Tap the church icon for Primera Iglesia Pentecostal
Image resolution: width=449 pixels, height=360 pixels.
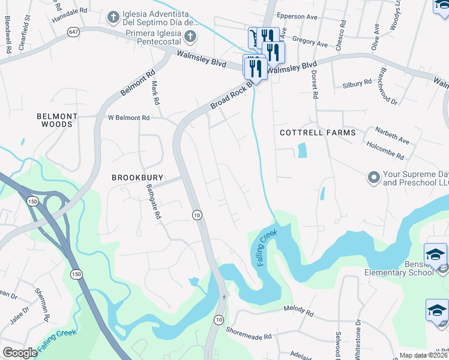click(x=190, y=37)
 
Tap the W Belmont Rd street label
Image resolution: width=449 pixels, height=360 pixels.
click(x=128, y=118)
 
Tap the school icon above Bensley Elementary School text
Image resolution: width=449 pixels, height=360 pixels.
click(x=435, y=255)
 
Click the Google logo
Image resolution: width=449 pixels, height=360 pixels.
click(x=20, y=352)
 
